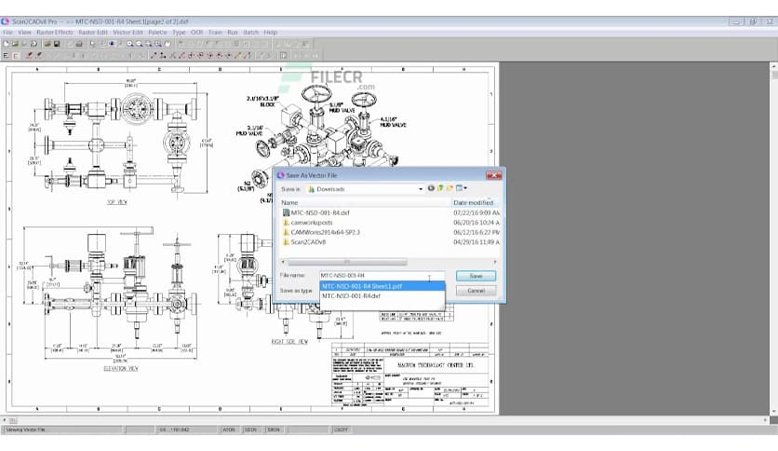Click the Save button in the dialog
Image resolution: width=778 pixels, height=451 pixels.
476,276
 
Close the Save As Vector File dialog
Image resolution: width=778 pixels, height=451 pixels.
496,174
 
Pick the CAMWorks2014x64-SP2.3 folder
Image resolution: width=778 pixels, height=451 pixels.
325,232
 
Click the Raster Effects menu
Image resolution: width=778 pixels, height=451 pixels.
54,32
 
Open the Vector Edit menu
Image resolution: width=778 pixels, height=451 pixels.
128,32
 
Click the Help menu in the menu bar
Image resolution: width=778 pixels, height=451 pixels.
271,32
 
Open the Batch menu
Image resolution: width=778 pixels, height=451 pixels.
250,32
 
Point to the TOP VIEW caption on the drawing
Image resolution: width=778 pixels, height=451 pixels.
117,201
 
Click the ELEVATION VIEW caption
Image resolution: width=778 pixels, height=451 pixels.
121,369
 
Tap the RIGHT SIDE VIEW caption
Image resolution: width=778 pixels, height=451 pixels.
290,342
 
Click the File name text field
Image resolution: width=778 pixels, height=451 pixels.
372,276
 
